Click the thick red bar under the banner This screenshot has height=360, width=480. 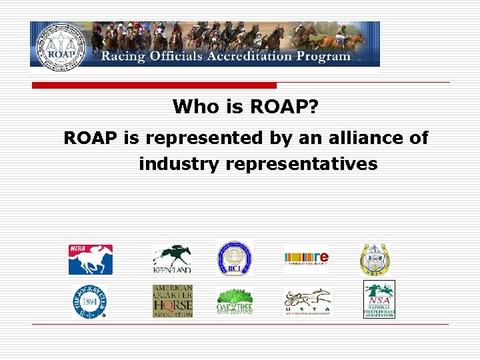(x=155, y=86)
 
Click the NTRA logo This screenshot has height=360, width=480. (x=91, y=259)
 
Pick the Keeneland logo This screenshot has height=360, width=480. (x=171, y=259)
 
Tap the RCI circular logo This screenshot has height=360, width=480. (x=234, y=259)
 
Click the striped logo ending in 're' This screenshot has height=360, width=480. (x=306, y=259)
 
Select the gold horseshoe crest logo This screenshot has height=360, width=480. (x=375, y=259)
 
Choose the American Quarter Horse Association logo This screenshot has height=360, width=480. (x=172, y=301)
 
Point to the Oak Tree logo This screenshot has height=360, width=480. (x=234, y=302)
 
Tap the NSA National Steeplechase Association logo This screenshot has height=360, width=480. (x=379, y=299)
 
